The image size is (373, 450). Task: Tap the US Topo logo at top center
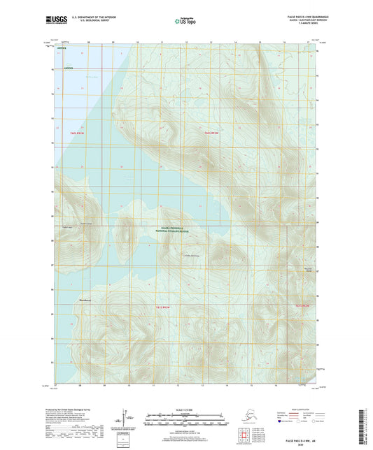(x=185, y=22)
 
